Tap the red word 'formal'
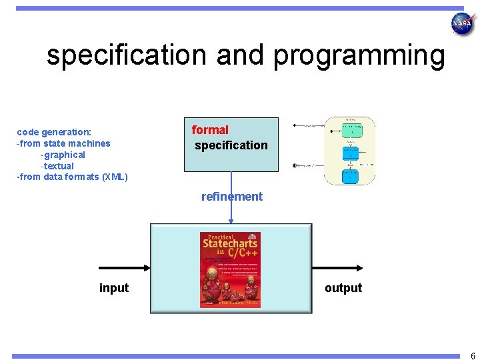(x=210, y=130)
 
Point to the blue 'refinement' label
(x=232, y=197)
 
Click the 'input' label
(x=114, y=288)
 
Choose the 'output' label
(x=343, y=288)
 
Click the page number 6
(x=472, y=356)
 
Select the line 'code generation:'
(x=54, y=132)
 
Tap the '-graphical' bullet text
(x=63, y=155)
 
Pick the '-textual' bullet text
(x=57, y=166)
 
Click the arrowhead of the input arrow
(x=147, y=268)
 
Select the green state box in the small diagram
(x=352, y=129)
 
